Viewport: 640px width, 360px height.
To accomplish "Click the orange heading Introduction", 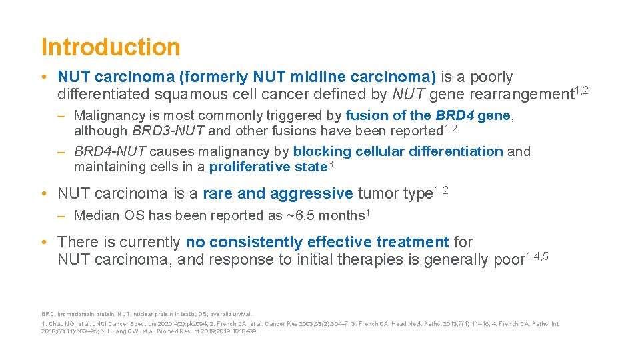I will (x=111, y=47).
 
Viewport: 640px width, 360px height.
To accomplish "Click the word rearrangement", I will (x=509, y=95).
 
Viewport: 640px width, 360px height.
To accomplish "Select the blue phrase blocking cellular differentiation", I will (x=398, y=151).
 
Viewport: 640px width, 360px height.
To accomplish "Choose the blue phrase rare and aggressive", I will (x=277, y=194).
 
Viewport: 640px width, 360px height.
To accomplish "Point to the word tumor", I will (x=377, y=194).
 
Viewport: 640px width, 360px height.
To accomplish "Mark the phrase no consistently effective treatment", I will (x=317, y=242).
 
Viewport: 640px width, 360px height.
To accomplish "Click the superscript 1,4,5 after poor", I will (x=537, y=256).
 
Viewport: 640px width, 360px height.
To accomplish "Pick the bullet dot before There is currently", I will (x=44, y=242).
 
